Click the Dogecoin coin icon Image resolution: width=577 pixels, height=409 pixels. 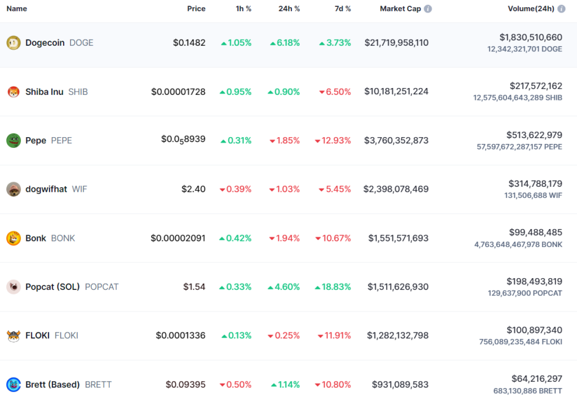(14, 43)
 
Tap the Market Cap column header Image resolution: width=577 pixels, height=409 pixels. (401, 8)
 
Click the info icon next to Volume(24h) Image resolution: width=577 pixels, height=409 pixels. (561, 8)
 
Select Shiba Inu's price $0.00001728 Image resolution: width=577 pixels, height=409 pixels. (178, 91)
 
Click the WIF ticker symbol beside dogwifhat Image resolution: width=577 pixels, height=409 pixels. (79, 189)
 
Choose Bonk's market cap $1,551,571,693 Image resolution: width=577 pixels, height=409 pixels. (398, 238)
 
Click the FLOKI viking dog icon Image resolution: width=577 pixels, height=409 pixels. (14, 336)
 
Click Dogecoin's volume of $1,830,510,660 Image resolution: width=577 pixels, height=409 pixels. (531, 37)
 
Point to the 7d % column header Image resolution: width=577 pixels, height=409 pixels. (343, 8)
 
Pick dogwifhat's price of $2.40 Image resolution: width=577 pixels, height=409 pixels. (193, 189)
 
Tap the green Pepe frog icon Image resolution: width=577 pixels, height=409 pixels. (14, 140)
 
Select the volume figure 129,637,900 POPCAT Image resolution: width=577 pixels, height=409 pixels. (525, 293)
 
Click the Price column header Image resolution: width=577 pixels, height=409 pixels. (196, 8)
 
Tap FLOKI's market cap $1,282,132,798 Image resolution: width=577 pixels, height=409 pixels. (397, 336)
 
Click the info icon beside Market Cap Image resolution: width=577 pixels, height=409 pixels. (428, 8)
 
